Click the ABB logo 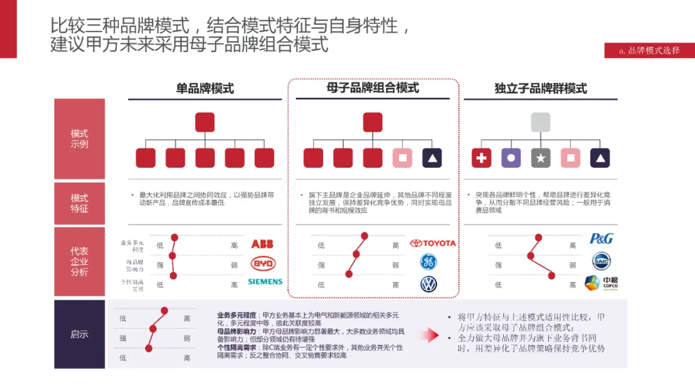point(263,244)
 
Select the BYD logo point(263,264)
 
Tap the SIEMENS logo point(264,282)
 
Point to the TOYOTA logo point(432,243)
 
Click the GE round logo point(429,262)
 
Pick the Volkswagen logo point(429,284)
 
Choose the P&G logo point(601,239)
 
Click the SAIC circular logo point(601,261)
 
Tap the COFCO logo point(601,283)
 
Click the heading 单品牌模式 point(205,89)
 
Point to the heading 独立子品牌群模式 point(541,89)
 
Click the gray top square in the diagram point(541,122)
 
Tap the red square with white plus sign point(481,158)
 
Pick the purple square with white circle point(511,158)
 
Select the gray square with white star point(541,158)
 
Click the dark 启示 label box point(79,334)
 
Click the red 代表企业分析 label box point(79,261)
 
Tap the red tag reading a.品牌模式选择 point(649,50)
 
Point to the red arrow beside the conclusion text point(428,334)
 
